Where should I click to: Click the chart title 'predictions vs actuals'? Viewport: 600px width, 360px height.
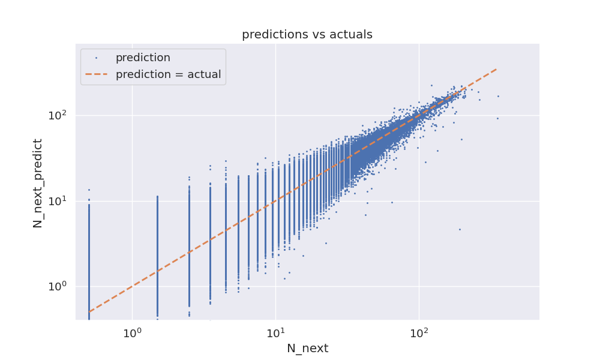(307, 35)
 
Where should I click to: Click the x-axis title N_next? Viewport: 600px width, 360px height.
(307, 349)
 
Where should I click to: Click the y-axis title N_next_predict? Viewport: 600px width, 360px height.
(38, 183)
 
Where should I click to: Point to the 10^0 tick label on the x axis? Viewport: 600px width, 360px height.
(132, 333)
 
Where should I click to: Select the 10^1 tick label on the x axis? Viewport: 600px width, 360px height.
(275, 333)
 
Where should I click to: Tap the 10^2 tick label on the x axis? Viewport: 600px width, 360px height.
(419, 333)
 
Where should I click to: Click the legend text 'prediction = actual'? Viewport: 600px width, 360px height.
(168, 75)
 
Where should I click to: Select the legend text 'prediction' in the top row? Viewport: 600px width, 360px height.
(143, 58)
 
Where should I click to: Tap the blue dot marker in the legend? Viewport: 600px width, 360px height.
(96, 58)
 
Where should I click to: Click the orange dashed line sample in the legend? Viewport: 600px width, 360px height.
(96, 75)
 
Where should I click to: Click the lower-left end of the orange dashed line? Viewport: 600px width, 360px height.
(89, 312)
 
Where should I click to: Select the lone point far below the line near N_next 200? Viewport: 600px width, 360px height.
(460, 229)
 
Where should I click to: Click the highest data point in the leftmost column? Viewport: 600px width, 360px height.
(89, 190)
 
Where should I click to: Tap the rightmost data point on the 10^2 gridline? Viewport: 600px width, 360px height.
(497, 118)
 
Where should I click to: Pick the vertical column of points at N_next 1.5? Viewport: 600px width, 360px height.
(157, 252)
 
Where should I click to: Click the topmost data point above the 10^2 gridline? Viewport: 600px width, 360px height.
(431, 85)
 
